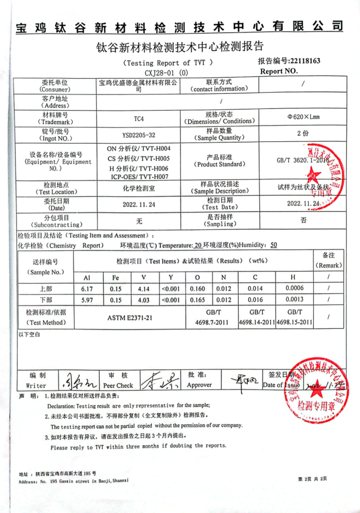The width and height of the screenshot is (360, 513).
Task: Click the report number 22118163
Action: (305, 61)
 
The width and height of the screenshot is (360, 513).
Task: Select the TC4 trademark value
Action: (139, 119)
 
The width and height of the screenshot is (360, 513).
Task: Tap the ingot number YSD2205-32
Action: (139, 135)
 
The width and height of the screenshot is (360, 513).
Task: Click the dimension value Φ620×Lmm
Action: (303, 116)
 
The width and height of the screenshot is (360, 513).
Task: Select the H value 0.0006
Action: (294, 288)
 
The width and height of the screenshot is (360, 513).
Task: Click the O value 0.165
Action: (198, 300)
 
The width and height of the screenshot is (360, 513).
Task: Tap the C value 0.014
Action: (255, 289)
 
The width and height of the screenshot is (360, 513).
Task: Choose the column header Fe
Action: (115, 278)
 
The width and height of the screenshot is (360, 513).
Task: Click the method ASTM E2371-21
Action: (129, 318)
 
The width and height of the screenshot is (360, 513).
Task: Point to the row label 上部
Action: (45, 289)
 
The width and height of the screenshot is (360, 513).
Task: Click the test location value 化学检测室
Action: (139, 188)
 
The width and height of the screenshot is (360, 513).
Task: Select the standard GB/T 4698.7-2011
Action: (212, 318)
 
